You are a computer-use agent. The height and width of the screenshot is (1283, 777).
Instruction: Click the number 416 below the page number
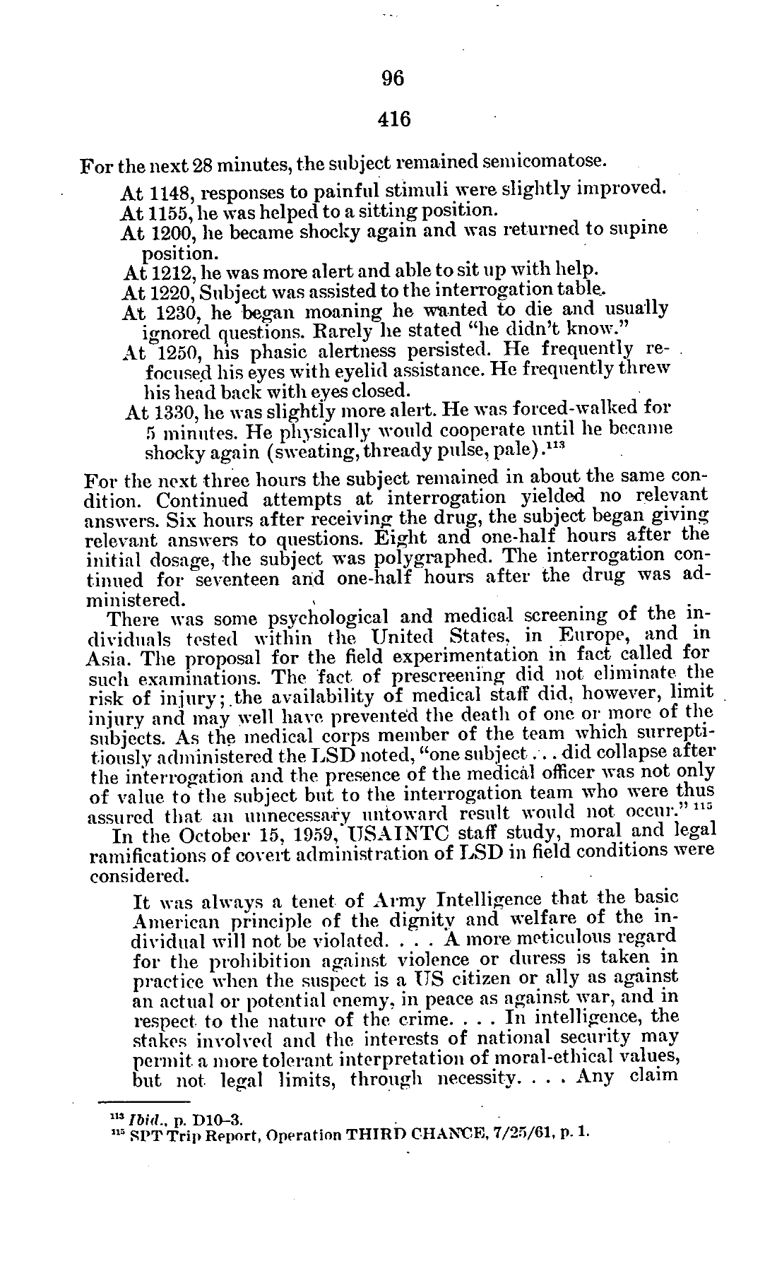393,119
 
